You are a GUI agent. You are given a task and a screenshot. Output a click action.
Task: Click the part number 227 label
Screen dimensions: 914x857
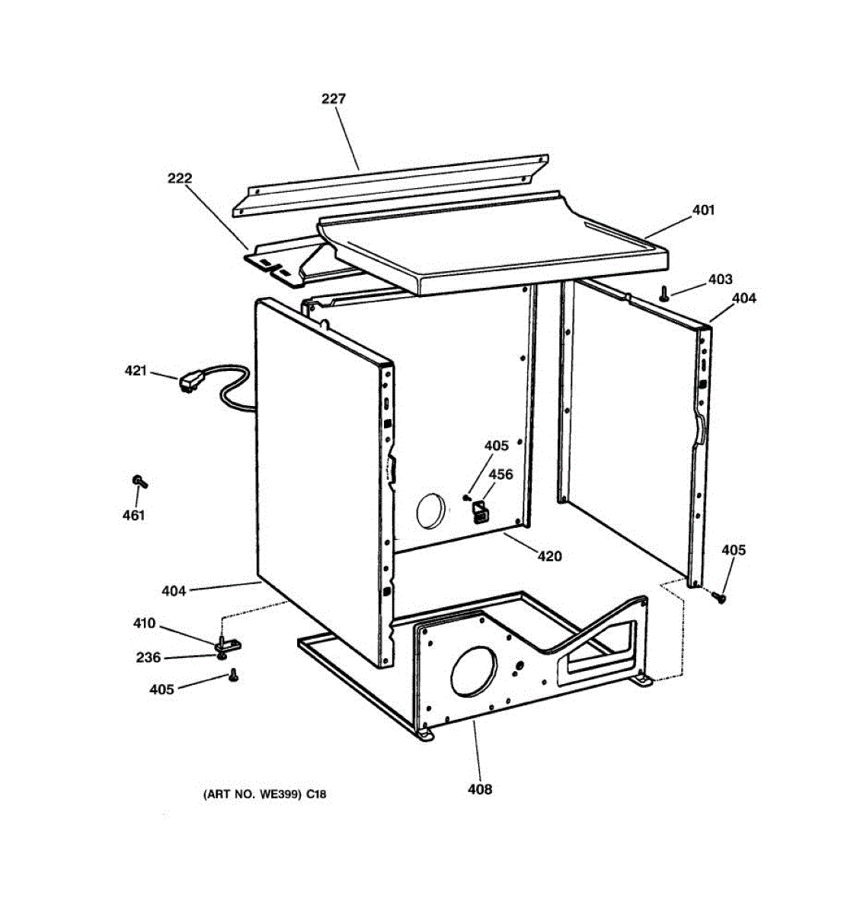click(x=334, y=99)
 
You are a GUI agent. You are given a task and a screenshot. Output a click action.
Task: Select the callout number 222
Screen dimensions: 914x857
click(x=180, y=179)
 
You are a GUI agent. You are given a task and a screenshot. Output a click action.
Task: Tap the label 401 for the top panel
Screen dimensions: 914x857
click(x=703, y=209)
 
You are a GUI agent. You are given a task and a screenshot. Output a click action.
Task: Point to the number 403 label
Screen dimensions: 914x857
click(x=720, y=280)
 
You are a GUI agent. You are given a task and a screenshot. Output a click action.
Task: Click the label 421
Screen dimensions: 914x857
click(x=136, y=371)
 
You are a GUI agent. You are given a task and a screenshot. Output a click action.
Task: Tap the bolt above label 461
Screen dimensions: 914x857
click(x=139, y=481)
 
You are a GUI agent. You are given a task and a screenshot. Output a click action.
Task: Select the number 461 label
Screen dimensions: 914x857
click(x=133, y=516)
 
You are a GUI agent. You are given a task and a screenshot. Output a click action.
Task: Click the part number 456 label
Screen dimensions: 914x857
click(x=500, y=475)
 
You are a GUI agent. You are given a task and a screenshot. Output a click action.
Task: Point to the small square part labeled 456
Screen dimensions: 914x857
click(x=479, y=513)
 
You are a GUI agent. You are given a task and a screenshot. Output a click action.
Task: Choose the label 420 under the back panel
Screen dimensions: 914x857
click(x=549, y=557)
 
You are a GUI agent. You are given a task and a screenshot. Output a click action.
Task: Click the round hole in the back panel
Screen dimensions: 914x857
click(x=431, y=510)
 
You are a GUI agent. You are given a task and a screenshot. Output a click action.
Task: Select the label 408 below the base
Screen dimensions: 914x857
click(x=480, y=789)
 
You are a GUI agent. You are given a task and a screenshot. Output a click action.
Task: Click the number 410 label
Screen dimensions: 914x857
click(x=144, y=624)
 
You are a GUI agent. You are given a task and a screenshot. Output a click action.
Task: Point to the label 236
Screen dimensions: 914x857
click(x=149, y=658)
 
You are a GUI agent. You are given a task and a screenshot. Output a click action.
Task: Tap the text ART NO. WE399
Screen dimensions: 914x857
click(x=254, y=794)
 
